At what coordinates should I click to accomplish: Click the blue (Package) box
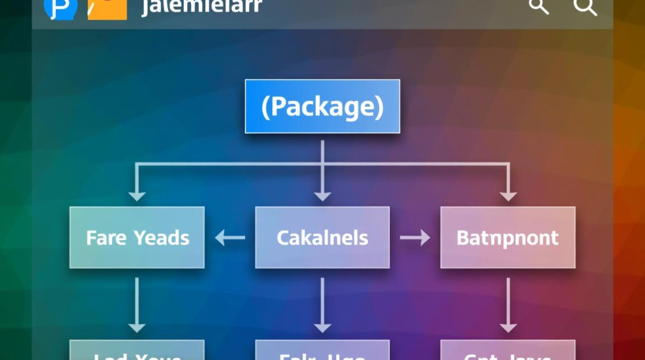tap(322, 106)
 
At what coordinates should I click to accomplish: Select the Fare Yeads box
tap(137, 237)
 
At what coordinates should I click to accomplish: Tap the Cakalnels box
tap(322, 237)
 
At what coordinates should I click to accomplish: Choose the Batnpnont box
tap(508, 237)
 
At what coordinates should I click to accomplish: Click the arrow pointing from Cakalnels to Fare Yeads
tap(230, 237)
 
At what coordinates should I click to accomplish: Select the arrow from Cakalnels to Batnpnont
tap(415, 237)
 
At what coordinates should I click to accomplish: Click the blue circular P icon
tap(60, 8)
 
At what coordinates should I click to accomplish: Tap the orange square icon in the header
tap(107, 9)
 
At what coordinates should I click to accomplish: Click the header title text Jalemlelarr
tap(202, 7)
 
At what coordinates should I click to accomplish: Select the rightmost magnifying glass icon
tap(585, 7)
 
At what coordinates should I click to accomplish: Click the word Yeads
tap(161, 237)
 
